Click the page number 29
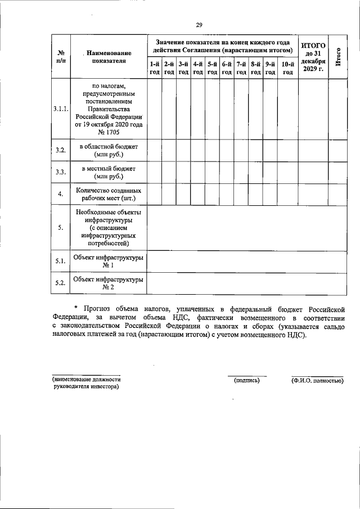coord(199,24)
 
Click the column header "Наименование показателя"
coord(107,57)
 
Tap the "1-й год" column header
coord(154,68)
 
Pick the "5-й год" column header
coord(212,68)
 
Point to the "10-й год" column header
coord(287,68)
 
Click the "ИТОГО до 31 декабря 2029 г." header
coord(313,57)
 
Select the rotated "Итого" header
coord(337,57)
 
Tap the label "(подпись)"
coord(247,380)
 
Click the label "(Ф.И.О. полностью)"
coord(317,380)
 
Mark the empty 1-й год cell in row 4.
coord(154,195)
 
